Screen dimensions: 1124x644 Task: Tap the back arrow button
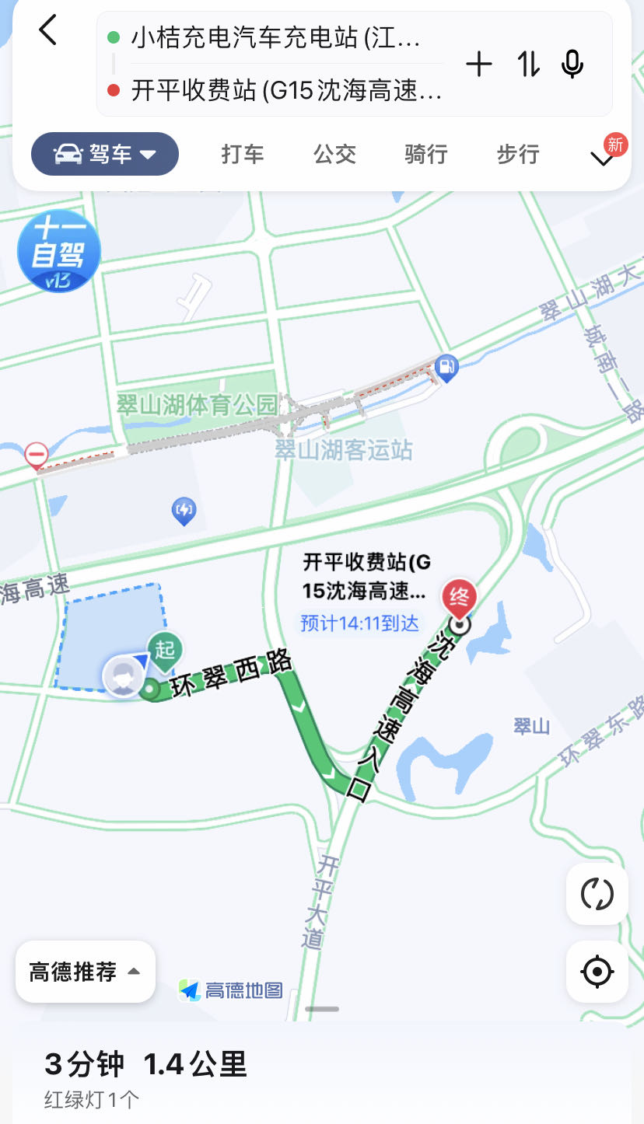pyautogui.click(x=48, y=31)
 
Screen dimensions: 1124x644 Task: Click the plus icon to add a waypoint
pyautogui.click(x=479, y=65)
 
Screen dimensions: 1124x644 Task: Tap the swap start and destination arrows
pyautogui.click(x=528, y=65)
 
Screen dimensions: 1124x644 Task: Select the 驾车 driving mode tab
pyautogui.click(x=105, y=154)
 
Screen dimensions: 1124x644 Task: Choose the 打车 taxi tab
pyautogui.click(x=243, y=154)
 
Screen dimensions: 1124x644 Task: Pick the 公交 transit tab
pyautogui.click(x=334, y=154)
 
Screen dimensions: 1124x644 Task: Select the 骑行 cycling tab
pyautogui.click(x=426, y=154)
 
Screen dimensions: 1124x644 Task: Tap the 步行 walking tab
pyautogui.click(x=518, y=154)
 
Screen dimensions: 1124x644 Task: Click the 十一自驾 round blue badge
pyautogui.click(x=58, y=251)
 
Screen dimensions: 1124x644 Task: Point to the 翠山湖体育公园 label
pyautogui.click(x=197, y=405)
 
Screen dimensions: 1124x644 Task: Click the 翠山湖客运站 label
pyautogui.click(x=344, y=450)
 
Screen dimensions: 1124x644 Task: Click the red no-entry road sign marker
pyautogui.click(x=37, y=454)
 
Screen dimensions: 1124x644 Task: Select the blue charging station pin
pyautogui.click(x=184, y=511)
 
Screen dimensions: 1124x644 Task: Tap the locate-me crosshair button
pyautogui.click(x=597, y=972)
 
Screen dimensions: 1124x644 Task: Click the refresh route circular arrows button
pyautogui.click(x=597, y=894)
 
